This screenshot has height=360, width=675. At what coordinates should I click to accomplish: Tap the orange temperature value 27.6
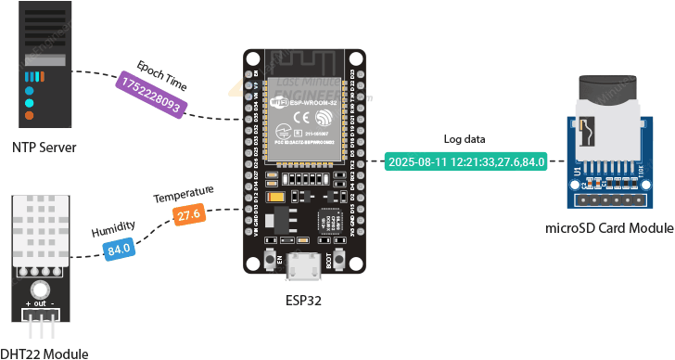(189, 215)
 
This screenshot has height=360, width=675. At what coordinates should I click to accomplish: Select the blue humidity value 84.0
(119, 249)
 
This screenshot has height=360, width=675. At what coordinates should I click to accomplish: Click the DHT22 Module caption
(45, 353)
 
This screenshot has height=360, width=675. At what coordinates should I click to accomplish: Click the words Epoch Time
(161, 75)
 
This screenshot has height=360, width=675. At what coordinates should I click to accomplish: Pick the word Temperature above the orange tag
(184, 194)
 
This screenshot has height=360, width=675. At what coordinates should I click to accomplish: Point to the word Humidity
(113, 229)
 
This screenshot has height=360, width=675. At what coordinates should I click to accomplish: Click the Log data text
(463, 139)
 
